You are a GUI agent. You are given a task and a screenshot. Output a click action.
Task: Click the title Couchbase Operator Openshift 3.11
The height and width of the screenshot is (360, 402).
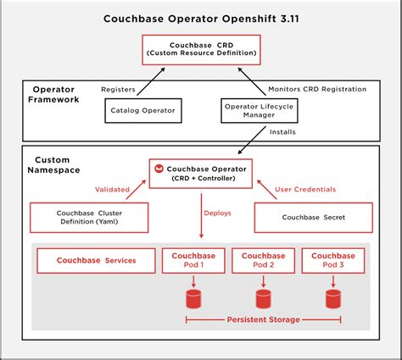coord(201,18)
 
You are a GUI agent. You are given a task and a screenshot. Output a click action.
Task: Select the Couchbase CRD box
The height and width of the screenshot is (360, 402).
coord(200,48)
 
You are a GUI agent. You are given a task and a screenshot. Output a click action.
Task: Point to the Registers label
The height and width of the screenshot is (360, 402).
coord(118,89)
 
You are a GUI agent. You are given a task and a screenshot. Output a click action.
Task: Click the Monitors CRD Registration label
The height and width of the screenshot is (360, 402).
coord(316,89)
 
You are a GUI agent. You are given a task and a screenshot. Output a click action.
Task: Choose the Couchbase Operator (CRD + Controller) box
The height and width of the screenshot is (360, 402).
coord(200,174)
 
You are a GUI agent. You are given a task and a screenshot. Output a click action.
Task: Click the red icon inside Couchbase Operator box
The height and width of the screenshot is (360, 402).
coord(159,169)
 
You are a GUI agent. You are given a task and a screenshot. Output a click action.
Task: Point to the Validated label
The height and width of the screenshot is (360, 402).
coord(111,190)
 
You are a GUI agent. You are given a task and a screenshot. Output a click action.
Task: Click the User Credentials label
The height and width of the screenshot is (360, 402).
coord(306,189)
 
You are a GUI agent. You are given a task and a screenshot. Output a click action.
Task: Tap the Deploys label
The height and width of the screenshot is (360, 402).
coord(216,213)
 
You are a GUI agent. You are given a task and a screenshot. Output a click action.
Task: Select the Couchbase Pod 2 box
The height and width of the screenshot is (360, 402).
coord(263,260)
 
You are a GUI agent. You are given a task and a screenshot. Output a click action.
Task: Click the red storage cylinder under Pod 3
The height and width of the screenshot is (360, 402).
coord(333,298)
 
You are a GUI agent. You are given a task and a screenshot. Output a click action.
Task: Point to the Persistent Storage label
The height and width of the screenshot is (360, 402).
coord(263,320)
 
